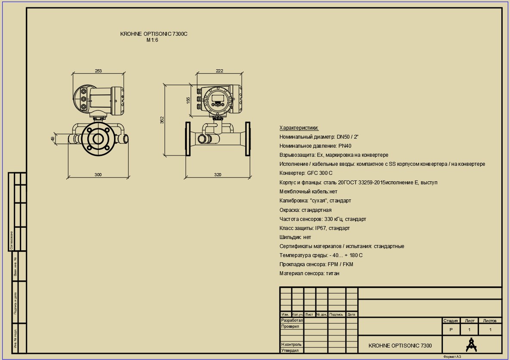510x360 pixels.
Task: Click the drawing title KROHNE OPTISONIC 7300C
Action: tap(154, 34)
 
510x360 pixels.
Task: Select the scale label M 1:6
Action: tap(152, 40)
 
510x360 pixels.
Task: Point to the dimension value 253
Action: tap(98, 71)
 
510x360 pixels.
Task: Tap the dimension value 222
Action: tap(219, 71)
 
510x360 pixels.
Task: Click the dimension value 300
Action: tap(98, 174)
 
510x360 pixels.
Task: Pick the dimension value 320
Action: tap(217, 174)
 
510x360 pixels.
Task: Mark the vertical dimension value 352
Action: tap(162, 120)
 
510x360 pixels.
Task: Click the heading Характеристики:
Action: tap(299, 128)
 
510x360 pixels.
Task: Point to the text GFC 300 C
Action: tap(320, 173)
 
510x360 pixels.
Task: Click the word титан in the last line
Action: tap(332, 273)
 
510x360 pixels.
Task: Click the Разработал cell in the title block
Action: tap(292, 320)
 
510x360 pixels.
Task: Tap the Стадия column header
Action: tap(451, 320)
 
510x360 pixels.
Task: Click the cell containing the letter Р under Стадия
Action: tap(451, 329)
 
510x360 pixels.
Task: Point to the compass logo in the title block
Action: tap(472, 345)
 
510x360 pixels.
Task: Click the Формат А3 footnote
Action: tap(452, 357)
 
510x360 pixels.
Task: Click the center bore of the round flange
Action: tap(98, 139)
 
